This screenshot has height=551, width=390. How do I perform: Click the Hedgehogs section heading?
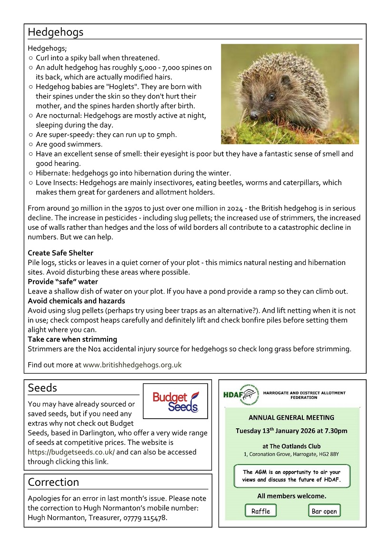tap(55, 32)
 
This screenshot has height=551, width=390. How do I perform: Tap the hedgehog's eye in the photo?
tap(271, 96)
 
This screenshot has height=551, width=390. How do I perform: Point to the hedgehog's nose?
tap(253, 115)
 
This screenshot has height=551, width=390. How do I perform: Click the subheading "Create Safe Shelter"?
tap(60, 253)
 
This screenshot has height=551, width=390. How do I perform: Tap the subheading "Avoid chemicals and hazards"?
tap(76, 301)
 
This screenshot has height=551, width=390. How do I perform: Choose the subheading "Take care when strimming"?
tap(72, 339)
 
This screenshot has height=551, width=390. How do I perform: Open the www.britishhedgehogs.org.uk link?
tap(132, 365)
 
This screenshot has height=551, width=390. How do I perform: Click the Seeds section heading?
tap(42, 388)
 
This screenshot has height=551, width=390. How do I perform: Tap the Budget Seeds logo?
tap(175, 401)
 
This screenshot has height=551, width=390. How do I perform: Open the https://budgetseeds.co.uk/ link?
tap(71, 452)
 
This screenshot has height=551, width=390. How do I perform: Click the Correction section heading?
tap(53, 482)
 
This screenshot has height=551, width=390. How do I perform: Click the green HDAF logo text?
tap(232, 394)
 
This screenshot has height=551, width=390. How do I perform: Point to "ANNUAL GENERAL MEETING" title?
tap(291, 418)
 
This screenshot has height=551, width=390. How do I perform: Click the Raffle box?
tap(260, 511)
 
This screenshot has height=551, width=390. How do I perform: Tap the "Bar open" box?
tap(324, 511)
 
